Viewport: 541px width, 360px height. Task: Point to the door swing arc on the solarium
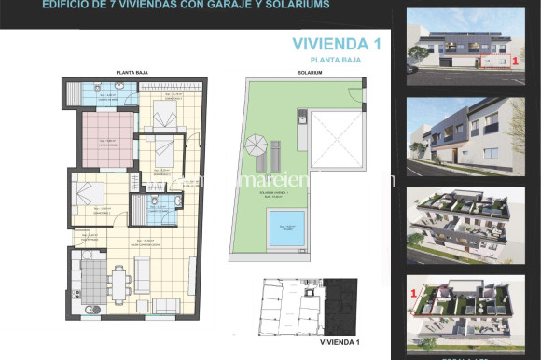click(354, 96)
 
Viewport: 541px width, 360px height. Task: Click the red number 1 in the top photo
click(516, 59)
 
